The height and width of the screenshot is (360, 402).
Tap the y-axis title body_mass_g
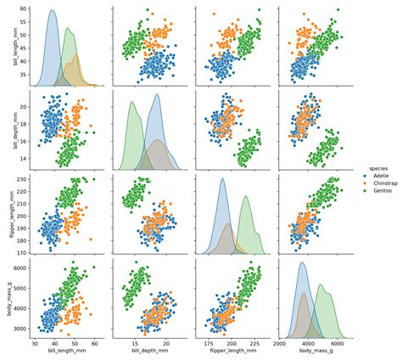tap(7, 301)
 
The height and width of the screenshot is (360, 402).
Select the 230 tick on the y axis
tap(22, 179)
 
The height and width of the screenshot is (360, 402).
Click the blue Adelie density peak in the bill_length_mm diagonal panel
tap(52, 12)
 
